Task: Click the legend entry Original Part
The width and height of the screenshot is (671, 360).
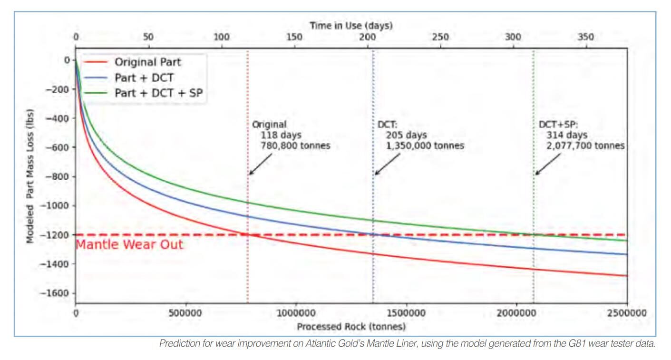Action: click(148, 62)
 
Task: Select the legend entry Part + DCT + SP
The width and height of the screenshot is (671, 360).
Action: click(159, 93)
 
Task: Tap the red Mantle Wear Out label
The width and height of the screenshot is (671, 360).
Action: click(129, 244)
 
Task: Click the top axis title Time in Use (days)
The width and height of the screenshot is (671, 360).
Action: click(351, 26)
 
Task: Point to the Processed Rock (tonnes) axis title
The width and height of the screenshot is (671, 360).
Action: click(351, 326)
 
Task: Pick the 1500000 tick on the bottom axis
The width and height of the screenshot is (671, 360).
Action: click(406, 313)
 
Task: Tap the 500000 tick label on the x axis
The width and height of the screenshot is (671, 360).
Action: click(185, 313)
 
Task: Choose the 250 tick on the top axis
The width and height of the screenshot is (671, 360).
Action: click(440, 37)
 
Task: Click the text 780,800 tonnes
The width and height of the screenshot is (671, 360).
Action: click(295, 146)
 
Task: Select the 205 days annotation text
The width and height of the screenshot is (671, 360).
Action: click(406, 135)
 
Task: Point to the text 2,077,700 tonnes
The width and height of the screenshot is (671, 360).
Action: click(585, 146)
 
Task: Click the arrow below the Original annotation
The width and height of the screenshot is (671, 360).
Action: click(261, 164)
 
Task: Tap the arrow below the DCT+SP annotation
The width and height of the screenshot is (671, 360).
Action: click(547, 164)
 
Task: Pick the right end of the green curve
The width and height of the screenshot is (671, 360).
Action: click(627, 241)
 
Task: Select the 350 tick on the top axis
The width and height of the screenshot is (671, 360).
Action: click(586, 37)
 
